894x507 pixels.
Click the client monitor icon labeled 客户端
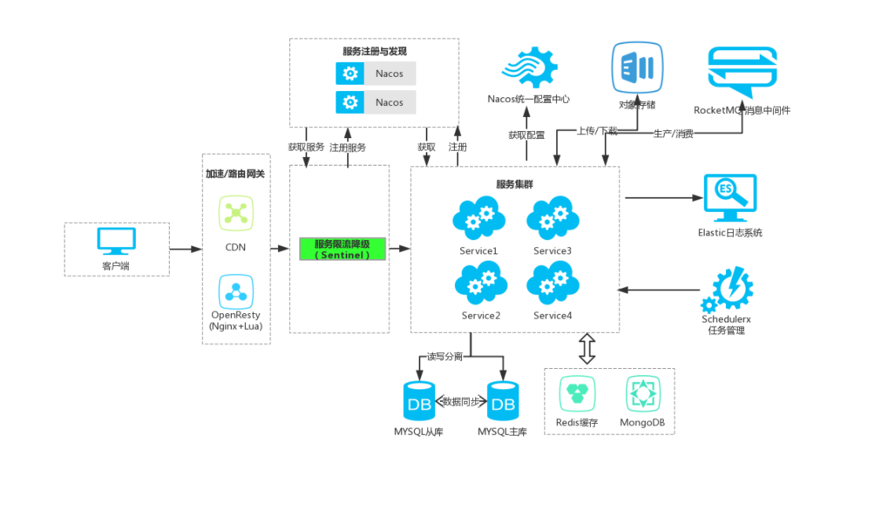(116, 241)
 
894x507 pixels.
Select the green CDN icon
(236, 213)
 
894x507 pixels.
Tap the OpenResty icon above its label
(236, 292)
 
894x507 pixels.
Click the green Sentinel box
(343, 249)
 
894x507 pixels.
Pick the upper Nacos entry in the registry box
(376, 74)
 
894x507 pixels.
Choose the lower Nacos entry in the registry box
(376, 103)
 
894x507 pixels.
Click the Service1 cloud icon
(478, 220)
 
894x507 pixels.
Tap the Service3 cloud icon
(552, 220)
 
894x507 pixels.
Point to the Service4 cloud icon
(552, 284)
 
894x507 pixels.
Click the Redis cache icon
(577, 395)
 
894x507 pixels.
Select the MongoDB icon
(643, 395)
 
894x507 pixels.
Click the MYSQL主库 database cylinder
(503, 402)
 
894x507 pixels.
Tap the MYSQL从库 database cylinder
(419, 402)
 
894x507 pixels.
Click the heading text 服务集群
(515, 185)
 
